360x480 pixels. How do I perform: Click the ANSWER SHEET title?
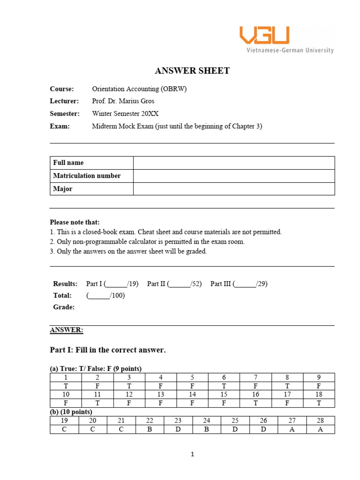point(192,71)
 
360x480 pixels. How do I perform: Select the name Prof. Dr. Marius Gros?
point(123,101)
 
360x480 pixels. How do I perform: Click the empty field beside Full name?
point(233,163)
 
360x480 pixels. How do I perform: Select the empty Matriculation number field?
point(233,176)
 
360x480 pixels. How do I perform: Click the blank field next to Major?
point(233,189)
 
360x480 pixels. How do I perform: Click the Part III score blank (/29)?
point(246,284)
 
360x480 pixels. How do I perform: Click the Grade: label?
point(64,307)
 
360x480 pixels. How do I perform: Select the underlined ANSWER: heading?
point(67,330)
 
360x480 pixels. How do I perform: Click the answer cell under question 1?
point(66,386)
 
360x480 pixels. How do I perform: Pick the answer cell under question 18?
point(319,403)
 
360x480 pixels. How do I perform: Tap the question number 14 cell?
point(192,395)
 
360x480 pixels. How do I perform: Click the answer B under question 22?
point(150,429)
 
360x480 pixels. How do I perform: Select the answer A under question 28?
point(321,429)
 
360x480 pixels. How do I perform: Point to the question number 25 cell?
point(235,420)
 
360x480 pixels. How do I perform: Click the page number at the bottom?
point(192,454)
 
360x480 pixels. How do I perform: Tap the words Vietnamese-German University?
point(290,50)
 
